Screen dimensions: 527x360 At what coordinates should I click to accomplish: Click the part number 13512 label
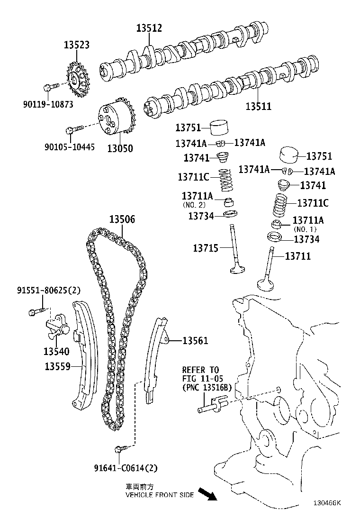point(149,28)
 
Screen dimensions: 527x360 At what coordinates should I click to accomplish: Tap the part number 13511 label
point(258,107)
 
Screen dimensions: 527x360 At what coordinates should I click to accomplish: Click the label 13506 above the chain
point(122,219)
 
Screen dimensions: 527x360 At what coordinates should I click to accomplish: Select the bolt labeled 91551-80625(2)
point(35,311)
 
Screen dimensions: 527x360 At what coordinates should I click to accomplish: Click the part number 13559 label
point(57,366)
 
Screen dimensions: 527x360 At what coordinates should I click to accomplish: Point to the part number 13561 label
point(195,340)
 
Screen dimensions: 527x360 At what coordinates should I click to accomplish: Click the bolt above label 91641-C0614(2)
point(118,448)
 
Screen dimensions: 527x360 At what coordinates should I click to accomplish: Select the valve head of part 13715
point(237,270)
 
